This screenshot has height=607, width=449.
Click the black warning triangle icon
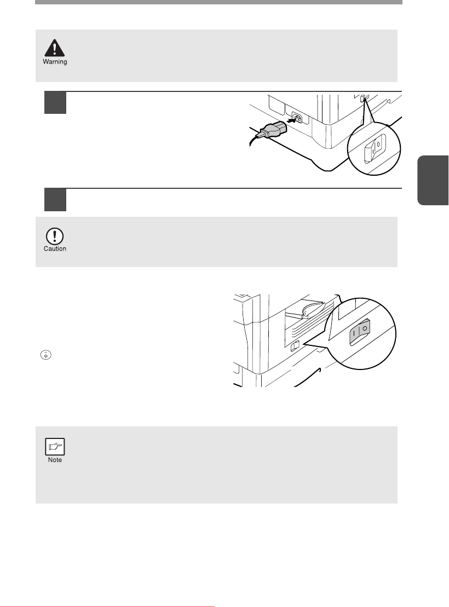(x=55, y=48)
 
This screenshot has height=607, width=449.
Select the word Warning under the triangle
(x=55, y=61)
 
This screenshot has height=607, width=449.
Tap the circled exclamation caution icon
(x=55, y=236)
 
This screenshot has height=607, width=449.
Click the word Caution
(x=55, y=248)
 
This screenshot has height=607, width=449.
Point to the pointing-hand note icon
(x=55, y=446)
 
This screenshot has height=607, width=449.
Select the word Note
(x=55, y=460)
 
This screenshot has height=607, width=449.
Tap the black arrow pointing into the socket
(x=292, y=120)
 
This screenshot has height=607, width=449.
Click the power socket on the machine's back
(x=297, y=118)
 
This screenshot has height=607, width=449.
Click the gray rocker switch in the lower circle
(x=360, y=332)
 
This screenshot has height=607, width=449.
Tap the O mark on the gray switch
(x=365, y=328)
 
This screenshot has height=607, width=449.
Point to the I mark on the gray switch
(x=354, y=333)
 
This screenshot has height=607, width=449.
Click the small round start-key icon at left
(x=45, y=355)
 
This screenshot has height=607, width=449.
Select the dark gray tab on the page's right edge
(x=433, y=180)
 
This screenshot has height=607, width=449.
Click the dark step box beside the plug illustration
(x=55, y=102)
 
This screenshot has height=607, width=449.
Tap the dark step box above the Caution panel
(x=55, y=200)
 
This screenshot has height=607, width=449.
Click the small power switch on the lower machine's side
(x=295, y=346)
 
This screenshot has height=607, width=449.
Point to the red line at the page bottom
(x=107, y=606)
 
